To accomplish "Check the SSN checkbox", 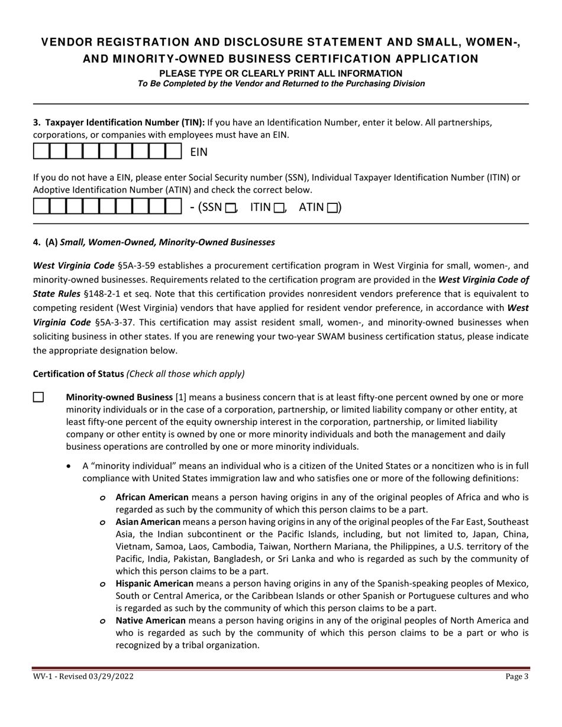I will pos(231,207).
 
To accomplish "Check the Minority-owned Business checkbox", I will pos(38,397).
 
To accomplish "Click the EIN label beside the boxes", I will pos(199,152).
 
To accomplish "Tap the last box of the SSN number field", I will pos(173,207).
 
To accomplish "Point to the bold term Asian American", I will pos(148,522).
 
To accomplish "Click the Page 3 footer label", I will pos(517,677).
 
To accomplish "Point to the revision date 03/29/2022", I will pos(108,677).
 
